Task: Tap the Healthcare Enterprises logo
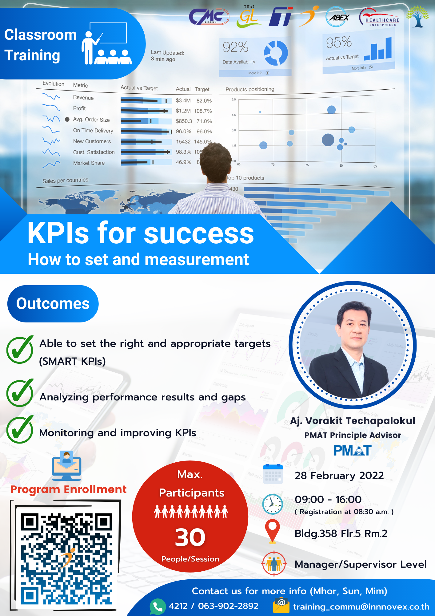pos(379,18)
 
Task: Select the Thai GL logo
pos(249,17)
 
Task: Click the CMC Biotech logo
pos(209,17)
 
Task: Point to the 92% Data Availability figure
pos(235,47)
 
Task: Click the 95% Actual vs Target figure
pos(339,42)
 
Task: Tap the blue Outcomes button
pos(53,304)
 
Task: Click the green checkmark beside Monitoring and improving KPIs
pos(20,430)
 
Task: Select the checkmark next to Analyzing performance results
pos(20,393)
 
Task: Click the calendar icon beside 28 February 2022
pos(273,474)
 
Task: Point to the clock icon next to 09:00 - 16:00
pos(272,504)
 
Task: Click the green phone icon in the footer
pos(158,606)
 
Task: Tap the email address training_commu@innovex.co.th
pos(361,607)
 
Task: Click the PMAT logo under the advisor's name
pos(353,451)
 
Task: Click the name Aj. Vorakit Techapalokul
pos(353,421)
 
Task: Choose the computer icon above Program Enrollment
pos(67,465)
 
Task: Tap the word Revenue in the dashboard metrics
pos(83,98)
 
